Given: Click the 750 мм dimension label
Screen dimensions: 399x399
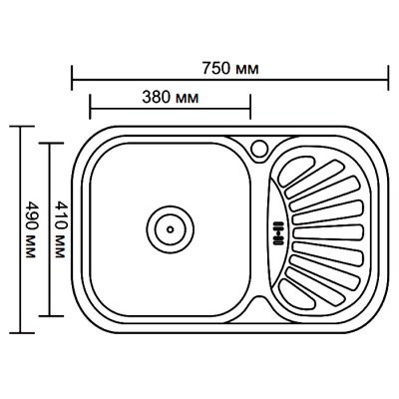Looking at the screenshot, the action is click(x=230, y=69).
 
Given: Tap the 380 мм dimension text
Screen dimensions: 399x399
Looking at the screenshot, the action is click(x=171, y=98).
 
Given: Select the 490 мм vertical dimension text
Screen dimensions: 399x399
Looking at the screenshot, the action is click(x=30, y=229).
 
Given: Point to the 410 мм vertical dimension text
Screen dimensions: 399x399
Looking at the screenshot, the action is click(x=59, y=229).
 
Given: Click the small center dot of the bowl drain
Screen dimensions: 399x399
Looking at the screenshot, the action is click(x=171, y=229).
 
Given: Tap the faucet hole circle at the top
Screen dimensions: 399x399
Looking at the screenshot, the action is click(x=259, y=148).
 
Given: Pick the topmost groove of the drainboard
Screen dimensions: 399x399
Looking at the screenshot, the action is click(x=296, y=171).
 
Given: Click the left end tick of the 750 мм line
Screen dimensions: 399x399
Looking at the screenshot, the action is click(x=72, y=78).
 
